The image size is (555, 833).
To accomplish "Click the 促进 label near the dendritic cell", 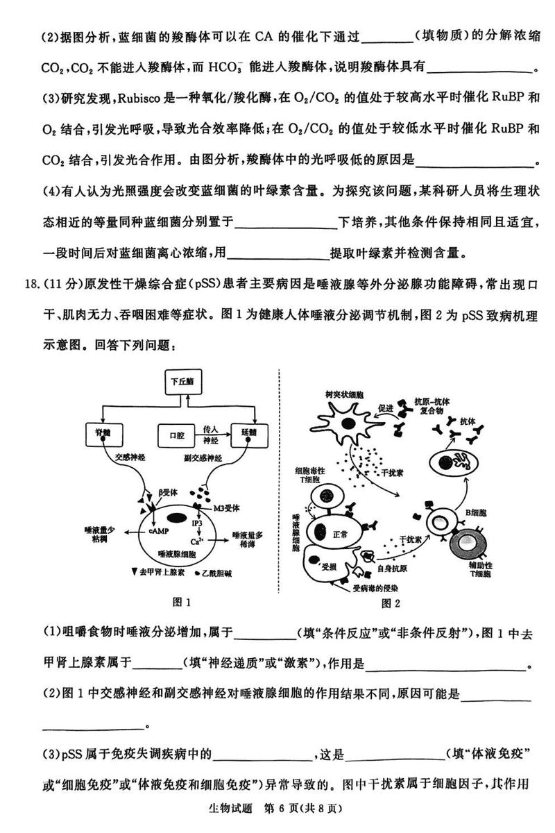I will click(x=386, y=409).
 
